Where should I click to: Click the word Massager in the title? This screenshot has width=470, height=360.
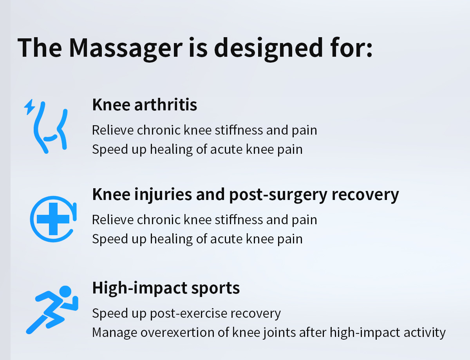126,48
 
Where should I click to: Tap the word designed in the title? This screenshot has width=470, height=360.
269,48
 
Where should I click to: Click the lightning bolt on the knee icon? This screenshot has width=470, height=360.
30,107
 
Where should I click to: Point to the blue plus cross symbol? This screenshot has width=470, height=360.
53,219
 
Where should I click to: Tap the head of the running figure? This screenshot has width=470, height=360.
65,292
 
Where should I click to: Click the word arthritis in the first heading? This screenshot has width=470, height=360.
166,105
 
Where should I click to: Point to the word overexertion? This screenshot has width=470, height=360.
177,332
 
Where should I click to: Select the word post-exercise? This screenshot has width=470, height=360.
188,314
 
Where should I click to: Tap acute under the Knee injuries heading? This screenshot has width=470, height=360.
226,239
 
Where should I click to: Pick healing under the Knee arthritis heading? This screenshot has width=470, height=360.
171,149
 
